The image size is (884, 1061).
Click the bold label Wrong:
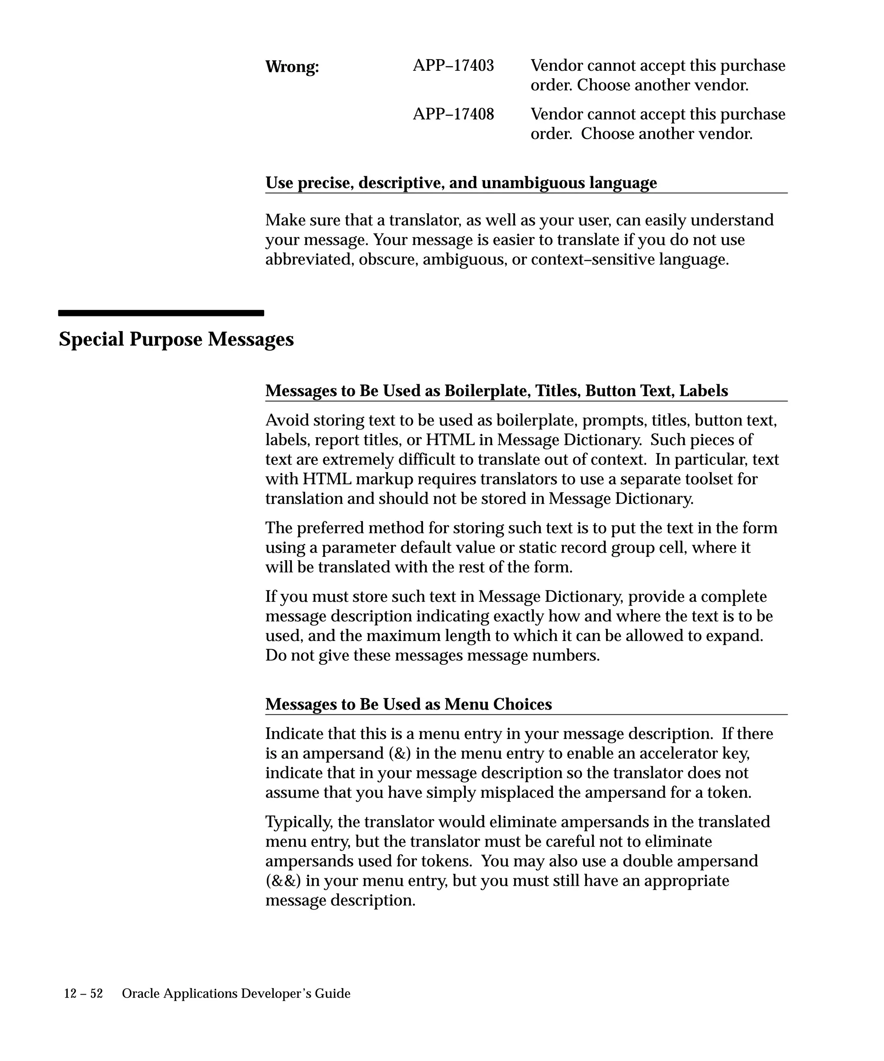[292, 67]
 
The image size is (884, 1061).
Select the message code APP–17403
[453, 66]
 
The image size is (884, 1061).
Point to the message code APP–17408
[453, 114]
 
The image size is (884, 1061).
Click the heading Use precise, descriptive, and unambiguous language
[461, 183]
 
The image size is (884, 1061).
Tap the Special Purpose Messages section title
[176, 338]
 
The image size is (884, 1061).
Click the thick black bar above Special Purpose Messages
[161, 313]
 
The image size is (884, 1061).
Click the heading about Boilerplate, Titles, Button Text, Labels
[496, 391]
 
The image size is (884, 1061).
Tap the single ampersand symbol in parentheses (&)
[400, 753]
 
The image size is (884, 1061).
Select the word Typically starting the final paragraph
[299, 822]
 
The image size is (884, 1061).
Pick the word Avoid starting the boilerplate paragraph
[287, 420]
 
